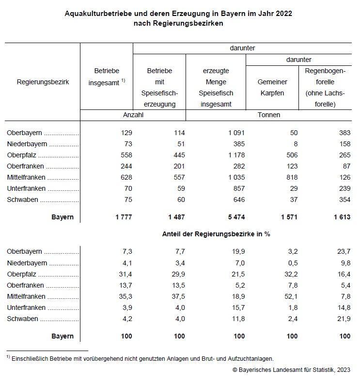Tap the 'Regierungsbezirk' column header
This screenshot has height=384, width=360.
[x=43, y=82]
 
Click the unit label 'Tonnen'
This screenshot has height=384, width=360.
[x=269, y=115]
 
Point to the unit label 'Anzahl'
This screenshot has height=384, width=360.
[x=133, y=115]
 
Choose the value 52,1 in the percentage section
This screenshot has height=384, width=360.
[x=290, y=296]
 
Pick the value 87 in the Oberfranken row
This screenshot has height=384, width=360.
[x=344, y=166]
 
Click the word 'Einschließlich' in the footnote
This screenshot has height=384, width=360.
[x=30, y=359]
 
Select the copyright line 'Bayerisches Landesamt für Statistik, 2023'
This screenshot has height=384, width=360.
[x=292, y=370]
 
